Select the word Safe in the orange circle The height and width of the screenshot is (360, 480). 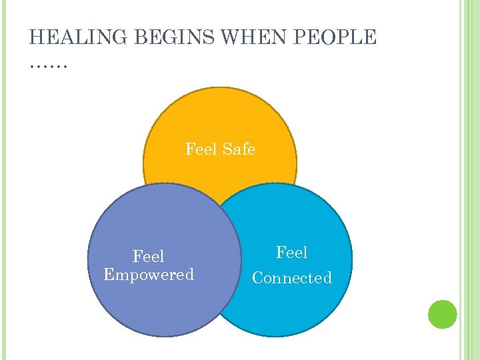(x=239, y=149)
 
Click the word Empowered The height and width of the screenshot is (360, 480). (x=149, y=274)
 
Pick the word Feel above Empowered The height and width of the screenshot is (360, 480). (x=148, y=257)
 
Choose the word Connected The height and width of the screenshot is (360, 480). (x=292, y=278)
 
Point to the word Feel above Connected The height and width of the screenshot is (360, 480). (x=292, y=253)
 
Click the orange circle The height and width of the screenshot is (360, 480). (x=220, y=120)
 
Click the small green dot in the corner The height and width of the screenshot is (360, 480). (x=442, y=314)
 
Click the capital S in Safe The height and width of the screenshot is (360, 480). (x=227, y=149)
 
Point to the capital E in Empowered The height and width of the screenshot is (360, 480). (x=109, y=274)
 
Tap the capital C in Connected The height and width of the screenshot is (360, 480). (x=257, y=278)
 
